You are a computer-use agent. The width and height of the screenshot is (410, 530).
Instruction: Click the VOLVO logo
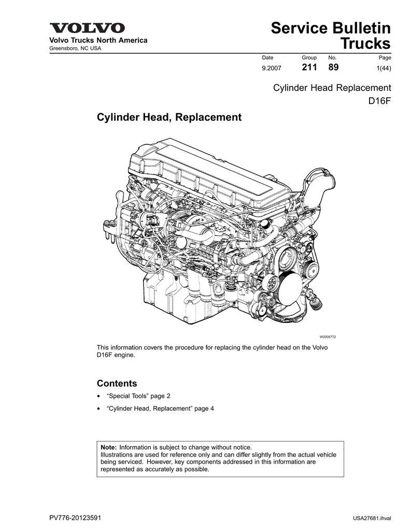point(88,28)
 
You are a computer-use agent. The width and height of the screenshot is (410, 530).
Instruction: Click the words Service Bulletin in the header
point(331,28)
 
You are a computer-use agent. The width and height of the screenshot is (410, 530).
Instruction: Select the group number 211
point(309,67)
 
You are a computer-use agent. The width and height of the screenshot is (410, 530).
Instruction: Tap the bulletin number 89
point(333,67)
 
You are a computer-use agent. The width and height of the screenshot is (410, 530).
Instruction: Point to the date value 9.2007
point(272,68)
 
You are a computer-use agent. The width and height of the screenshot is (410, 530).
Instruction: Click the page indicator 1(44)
point(384,68)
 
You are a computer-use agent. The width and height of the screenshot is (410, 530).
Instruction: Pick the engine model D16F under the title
point(379,101)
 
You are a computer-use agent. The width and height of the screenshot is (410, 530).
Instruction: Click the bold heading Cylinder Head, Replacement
point(169,117)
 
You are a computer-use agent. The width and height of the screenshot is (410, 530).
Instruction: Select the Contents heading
point(117,384)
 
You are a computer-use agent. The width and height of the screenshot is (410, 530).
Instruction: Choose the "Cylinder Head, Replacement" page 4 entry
point(160,408)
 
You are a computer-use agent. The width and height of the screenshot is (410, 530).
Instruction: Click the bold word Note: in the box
point(109,448)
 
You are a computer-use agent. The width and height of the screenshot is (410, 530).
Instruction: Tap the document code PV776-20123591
point(75,518)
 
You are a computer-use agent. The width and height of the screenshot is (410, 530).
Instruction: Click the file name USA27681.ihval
point(372,518)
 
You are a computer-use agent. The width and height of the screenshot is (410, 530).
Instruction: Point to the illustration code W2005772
point(328,336)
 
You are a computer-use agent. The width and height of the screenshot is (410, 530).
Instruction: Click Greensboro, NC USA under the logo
point(75,48)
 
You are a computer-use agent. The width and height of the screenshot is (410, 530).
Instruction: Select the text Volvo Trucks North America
point(98,40)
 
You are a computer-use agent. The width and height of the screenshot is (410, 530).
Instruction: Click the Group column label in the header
point(309,58)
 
